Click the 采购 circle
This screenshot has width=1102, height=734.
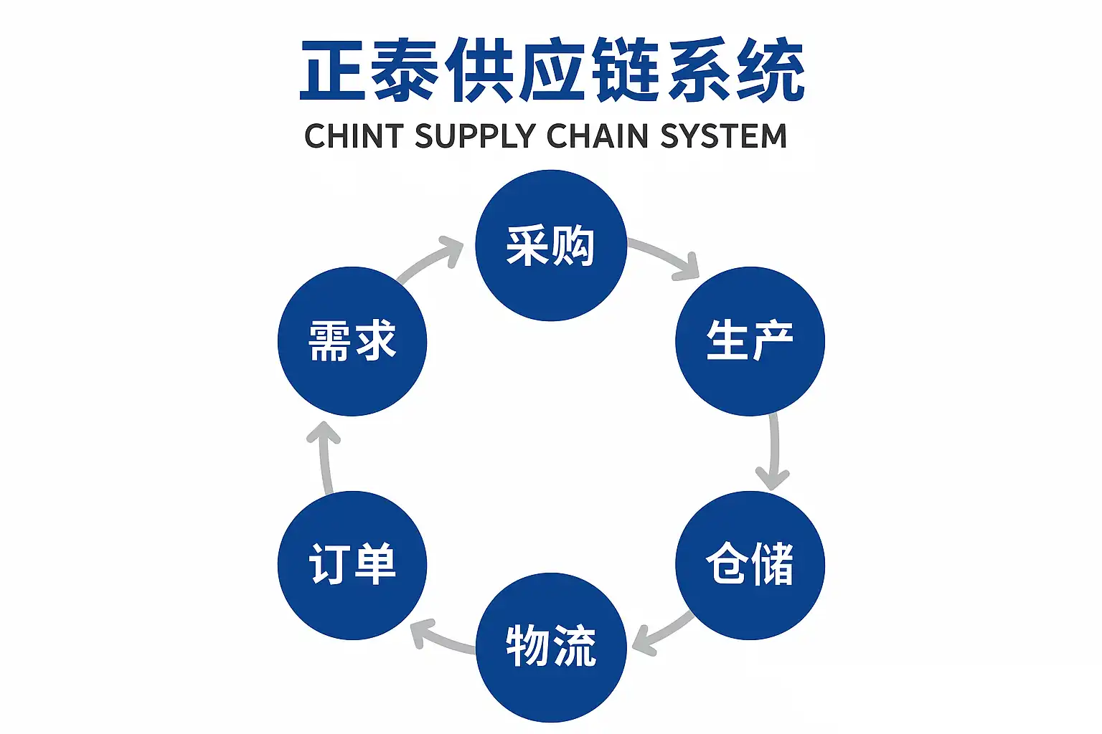[x=551, y=245]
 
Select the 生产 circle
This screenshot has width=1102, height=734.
[x=750, y=341]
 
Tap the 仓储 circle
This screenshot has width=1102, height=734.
[x=750, y=565]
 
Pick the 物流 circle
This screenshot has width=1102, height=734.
[x=551, y=647]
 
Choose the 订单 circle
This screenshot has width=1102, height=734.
[x=352, y=565]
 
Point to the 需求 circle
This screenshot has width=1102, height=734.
[x=352, y=341]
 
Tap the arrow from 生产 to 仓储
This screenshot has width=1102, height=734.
[x=773, y=452]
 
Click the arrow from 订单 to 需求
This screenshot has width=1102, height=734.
[x=326, y=456]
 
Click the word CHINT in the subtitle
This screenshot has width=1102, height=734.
[x=354, y=136]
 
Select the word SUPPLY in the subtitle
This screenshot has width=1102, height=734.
[x=475, y=136]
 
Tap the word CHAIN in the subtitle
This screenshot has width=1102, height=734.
[x=598, y=136]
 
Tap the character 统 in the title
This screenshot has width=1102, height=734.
[x=771, y=70]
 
